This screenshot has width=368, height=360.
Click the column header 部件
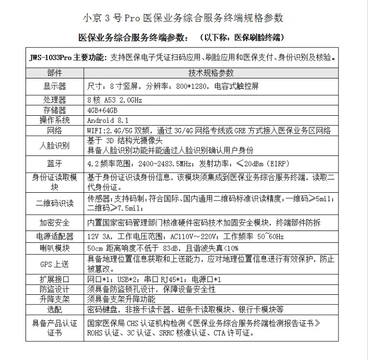[54, 73]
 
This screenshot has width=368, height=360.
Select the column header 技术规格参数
[211, 73]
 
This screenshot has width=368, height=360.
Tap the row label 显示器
[54, 86]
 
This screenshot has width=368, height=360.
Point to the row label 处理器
[54, 100]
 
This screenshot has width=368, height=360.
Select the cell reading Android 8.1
[108, 120]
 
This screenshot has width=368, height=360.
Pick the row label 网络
[54, 130]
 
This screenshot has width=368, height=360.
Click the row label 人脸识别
[54, 145]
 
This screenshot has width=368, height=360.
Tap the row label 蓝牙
[54, 163]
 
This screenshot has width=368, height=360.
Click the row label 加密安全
[54, 223]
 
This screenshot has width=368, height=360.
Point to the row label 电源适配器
[54, 236]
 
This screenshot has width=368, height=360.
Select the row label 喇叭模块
[54, 248]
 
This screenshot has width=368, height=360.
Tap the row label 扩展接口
[54, 279]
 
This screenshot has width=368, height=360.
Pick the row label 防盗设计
[54, 289]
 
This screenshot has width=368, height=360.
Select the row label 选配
[54, 310]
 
